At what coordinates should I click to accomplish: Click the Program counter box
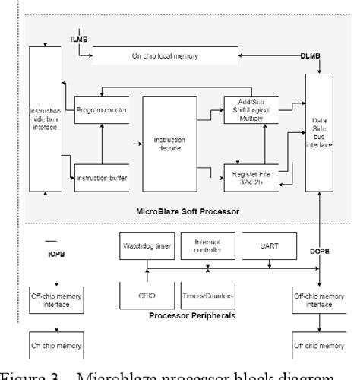pyautogui.click(x=101, y=111)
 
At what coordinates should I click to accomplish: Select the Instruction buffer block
pyautogui.click(x=101, y=178)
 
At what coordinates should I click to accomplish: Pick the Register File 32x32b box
pyautogui.click(x=248, y=177)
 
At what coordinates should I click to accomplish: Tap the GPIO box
pyautogui.click(x=145, y=296)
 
